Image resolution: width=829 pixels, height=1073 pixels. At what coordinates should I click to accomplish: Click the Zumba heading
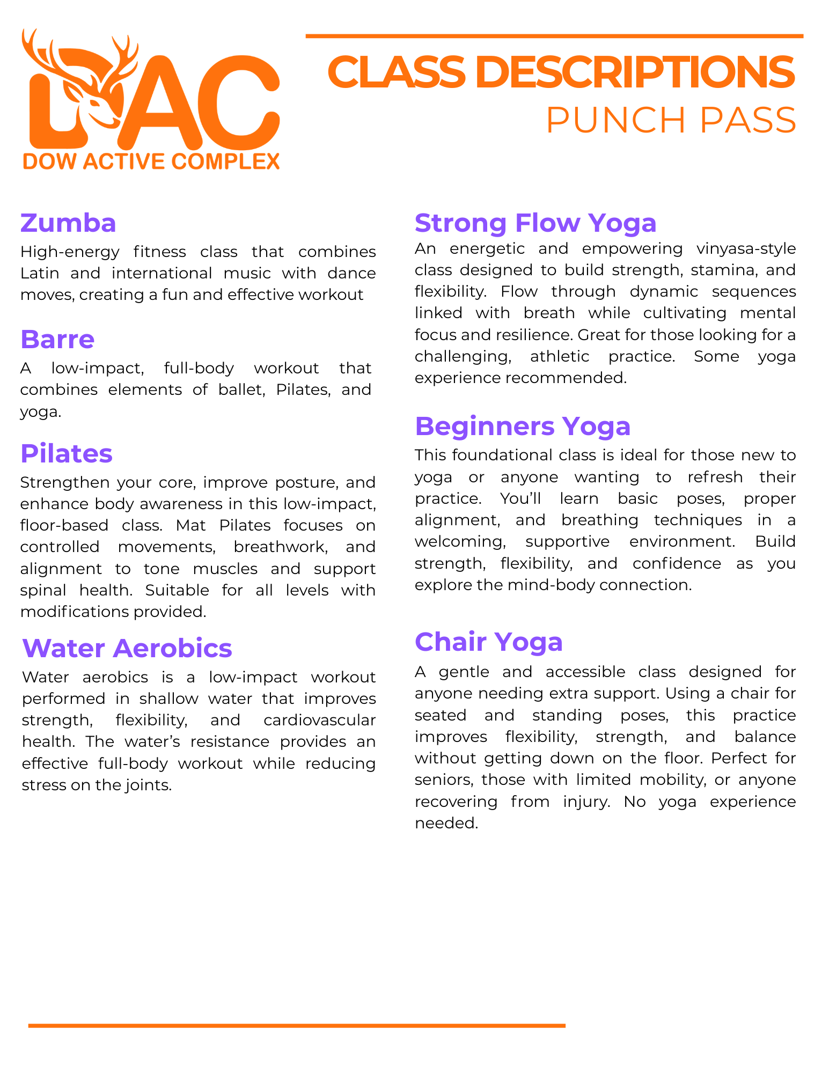[x=68, y=223]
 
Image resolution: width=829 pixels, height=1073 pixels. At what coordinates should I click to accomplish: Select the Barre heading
[x=57, y=339]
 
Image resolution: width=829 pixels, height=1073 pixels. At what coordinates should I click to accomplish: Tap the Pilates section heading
[x=67, y=453]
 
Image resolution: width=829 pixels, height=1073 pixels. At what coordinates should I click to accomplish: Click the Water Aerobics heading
[x=127, y=648]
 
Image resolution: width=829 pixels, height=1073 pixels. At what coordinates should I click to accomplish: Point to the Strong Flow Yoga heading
[x=535, y=223]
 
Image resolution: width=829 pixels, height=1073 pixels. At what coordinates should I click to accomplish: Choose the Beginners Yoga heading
[x=523, y=426]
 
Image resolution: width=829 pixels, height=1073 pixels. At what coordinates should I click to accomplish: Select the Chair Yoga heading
[x=488, y=642]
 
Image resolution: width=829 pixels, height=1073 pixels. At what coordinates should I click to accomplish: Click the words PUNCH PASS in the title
[x=671, y=120]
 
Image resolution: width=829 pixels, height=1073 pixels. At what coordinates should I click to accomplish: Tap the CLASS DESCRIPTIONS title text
[x=560, y=72]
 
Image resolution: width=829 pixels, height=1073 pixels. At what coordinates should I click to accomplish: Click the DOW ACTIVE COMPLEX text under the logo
[x=151, y=161]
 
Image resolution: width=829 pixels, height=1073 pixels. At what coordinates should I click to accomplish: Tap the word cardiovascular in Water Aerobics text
[x=319, y=720]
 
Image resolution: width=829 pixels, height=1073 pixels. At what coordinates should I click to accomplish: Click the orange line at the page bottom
[x=297, y=1025]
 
